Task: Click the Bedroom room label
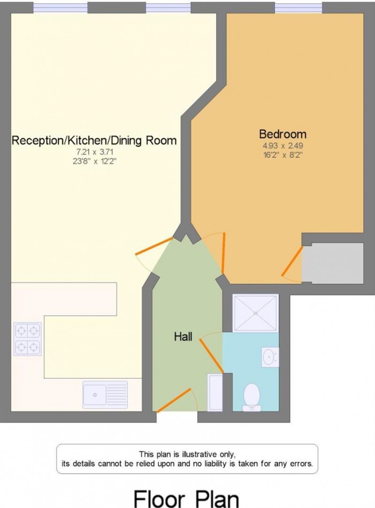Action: (x=282, y=133)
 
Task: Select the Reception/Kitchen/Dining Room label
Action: (x=94, y=141)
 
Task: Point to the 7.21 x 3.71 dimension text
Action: (x=94, y=152)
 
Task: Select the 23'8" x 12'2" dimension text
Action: (x=94, y=161)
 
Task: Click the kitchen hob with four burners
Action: (x=28, y=339)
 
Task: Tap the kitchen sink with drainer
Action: (x=105, y=395)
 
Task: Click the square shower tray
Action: (x=256, y=313)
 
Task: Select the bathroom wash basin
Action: (x=269, y=356)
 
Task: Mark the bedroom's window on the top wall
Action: (x=298, y=8)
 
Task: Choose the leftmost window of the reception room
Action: (x=60, y=8)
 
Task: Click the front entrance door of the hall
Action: (x=175, y=400)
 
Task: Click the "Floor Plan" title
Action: (x=186, y=497)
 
